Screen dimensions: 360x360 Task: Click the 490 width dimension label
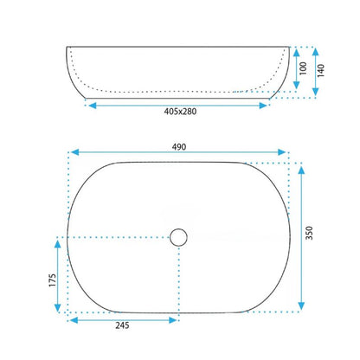point(179,147)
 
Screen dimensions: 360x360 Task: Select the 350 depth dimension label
point(309,233)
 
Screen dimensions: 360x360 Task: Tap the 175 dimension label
point(52,280)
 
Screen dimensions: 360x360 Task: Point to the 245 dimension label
point(122,325)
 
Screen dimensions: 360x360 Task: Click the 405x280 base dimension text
point(180,112)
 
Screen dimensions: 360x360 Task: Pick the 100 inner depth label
point(303,68)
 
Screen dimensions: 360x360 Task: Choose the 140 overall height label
point(321,70)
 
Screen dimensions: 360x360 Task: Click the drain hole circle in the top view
point(178,237)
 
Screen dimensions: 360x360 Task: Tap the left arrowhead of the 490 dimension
point(75,152)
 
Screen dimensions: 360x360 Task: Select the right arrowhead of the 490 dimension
point(282,152)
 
